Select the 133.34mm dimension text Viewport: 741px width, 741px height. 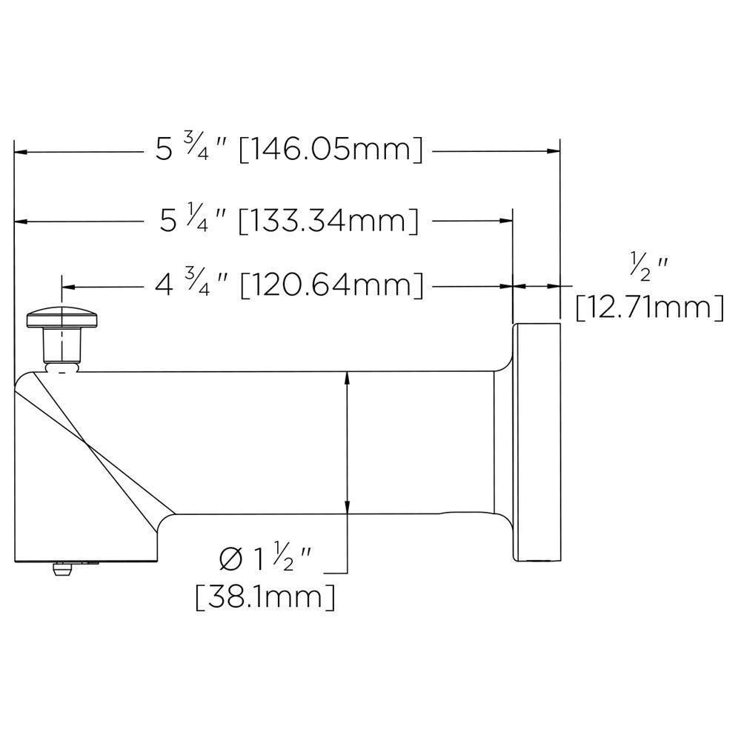(x=328, y=221)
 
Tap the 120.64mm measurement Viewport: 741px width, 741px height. (x=333, y=285)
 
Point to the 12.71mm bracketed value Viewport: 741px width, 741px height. (x=650, y=306)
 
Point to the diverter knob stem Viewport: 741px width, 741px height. (x=62, y=344)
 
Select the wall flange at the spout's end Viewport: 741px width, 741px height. (x=536, y=442)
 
